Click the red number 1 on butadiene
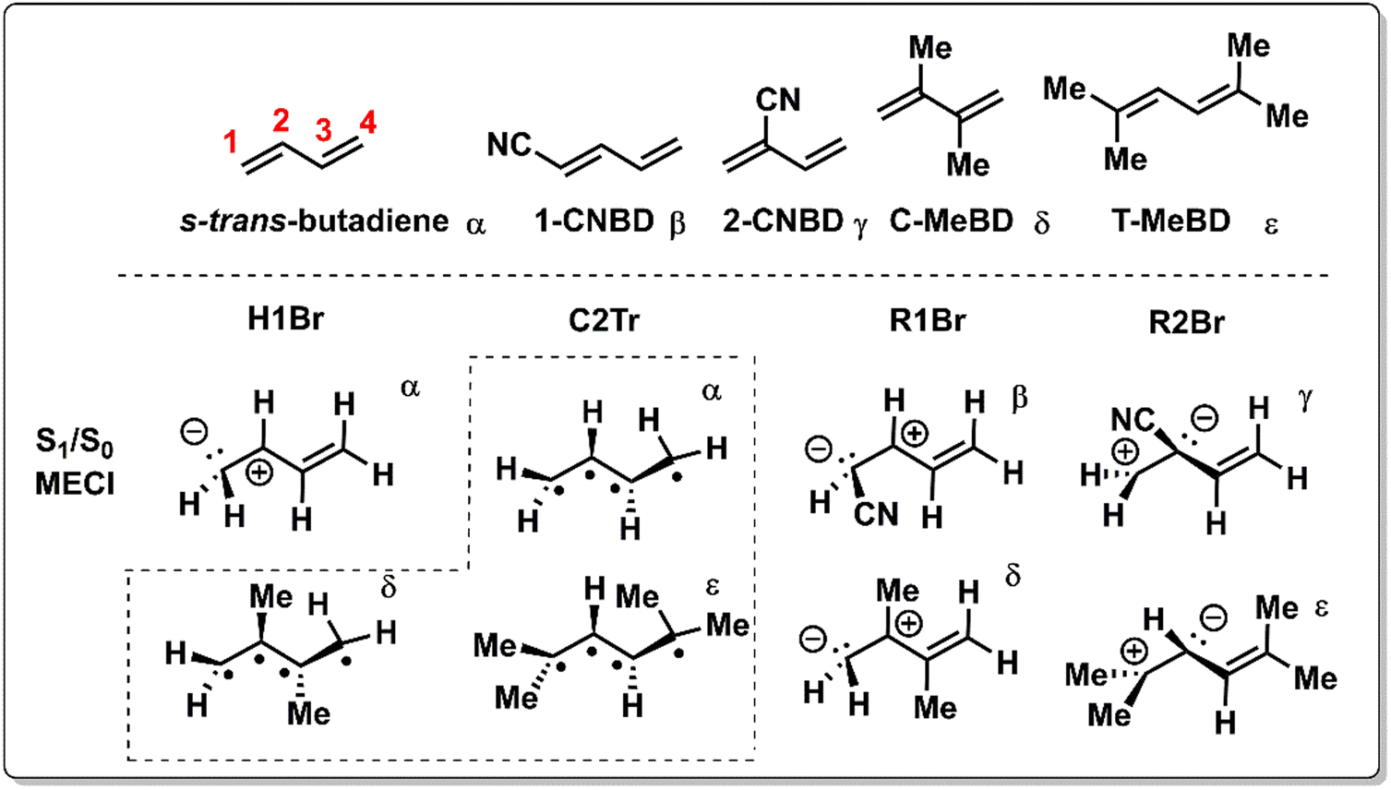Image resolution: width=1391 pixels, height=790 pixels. pyautogui.click(x=231, y=142)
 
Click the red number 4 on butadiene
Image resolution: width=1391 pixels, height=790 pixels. pyautogui.click(x=367, y=122)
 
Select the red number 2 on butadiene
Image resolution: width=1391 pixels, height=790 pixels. pyautogui.click(x=281, y=120)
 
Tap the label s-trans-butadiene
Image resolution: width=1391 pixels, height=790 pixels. pyautogui.click(x=314, y=221)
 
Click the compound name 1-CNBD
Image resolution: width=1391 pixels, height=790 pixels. pyautogui.click(x=594, y=221)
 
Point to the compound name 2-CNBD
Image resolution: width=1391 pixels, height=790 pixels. pyautogui.click(x=782, y=221)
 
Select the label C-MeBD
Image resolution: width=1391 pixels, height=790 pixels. pyautogui.click(x=951, y=221)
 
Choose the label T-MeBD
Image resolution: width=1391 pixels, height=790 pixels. pyautogui.click(x=1170, y=221)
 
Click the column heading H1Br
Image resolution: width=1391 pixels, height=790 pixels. pyautogui.click(x=285, y=319)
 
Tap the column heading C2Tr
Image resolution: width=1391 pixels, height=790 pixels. pyautogui.click(x=604, y=320)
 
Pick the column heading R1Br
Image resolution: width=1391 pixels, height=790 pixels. pyautogui.click(x=927, y=320)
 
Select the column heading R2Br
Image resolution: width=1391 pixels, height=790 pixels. pyautogui.click(x=1186, y=322)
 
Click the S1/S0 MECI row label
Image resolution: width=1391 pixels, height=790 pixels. pyautogui.click(x=75, y=462)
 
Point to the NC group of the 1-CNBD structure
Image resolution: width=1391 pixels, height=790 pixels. pyautogui.click(x=510, y=145)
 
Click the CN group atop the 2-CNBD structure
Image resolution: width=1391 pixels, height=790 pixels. pyautogui.click(x=777, y=100)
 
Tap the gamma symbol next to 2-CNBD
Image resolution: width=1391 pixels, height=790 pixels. pyautogui.click(x=860, y=223)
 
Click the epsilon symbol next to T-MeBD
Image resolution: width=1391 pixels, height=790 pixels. pyautogui.click(x=1271, y=224)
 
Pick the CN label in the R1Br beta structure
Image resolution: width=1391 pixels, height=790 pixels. pyautogui.click(x=875, y=514)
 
